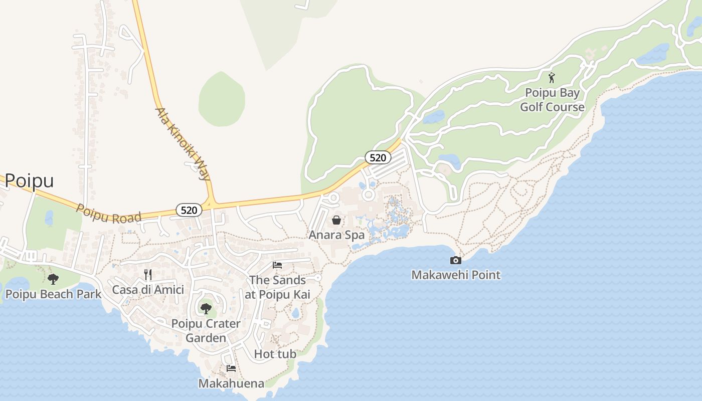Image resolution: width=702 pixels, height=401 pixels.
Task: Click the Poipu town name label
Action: [29, 181]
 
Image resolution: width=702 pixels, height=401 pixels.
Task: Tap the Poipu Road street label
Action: [108, 213]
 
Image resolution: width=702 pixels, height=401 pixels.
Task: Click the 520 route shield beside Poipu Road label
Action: [189, 210]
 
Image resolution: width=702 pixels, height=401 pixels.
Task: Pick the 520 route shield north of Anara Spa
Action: [377, 158]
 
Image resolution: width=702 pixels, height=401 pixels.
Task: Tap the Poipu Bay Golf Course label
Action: [552, 100]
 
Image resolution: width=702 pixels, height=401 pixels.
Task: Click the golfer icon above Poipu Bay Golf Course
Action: [552, 78]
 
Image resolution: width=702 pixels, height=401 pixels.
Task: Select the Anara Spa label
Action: [336, 235]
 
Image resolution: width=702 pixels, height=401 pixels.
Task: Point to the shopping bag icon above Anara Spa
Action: [336, 220]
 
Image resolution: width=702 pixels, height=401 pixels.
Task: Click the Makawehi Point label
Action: [456, 275]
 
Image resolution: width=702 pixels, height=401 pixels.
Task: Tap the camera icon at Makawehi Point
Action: [456, 260]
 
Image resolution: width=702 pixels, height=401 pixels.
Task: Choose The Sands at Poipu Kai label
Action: [277, 287]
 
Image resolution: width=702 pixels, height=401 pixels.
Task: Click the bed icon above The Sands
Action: [277, 265]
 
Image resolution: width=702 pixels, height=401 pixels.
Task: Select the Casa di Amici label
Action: [148, 289]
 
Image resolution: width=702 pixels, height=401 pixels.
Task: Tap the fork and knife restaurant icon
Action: [148, 274]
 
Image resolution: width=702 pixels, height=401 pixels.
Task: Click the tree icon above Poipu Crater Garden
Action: [206, 308]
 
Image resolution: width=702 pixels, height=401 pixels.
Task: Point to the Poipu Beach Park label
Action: [53, 294]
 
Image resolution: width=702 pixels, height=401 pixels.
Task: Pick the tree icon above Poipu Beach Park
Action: [53, 279]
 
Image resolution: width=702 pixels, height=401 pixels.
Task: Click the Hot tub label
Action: [275, 354]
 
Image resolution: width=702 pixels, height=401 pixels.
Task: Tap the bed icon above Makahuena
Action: [231, 368]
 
